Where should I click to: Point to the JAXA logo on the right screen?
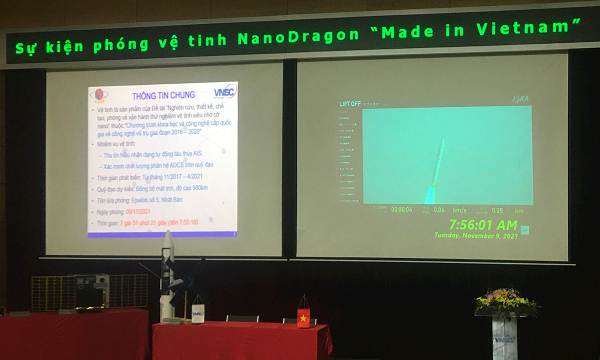point(519,100)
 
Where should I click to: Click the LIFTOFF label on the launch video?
point(350,103)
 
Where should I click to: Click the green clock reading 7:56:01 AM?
point(476,224)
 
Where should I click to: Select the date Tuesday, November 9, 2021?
point(476,236)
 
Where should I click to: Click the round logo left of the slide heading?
point(96,98)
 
